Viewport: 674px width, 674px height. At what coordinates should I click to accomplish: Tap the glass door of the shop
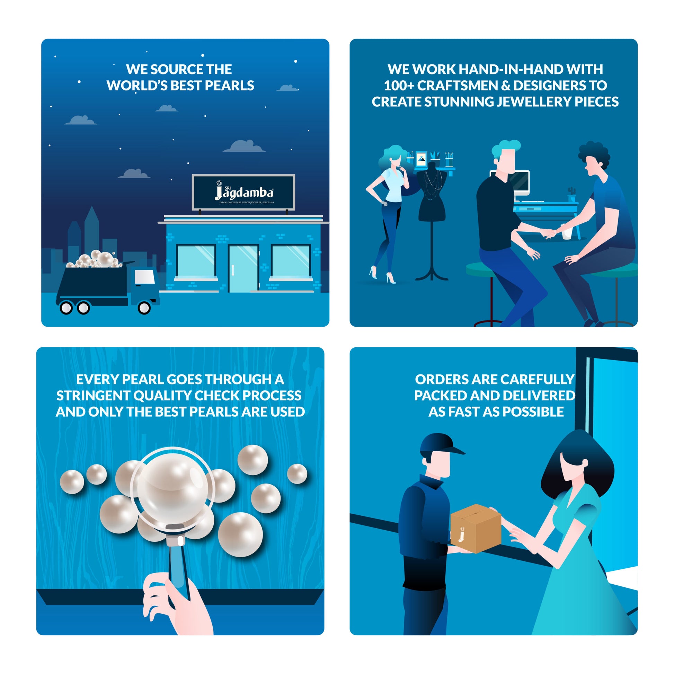243,269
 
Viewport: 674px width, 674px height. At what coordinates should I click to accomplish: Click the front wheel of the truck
144,308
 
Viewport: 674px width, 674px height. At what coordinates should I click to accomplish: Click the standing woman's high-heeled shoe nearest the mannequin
391,278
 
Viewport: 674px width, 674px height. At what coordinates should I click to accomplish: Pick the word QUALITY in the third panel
162,396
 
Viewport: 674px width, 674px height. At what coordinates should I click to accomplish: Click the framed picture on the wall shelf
422,159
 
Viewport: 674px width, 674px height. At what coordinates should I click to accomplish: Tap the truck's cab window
145,277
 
